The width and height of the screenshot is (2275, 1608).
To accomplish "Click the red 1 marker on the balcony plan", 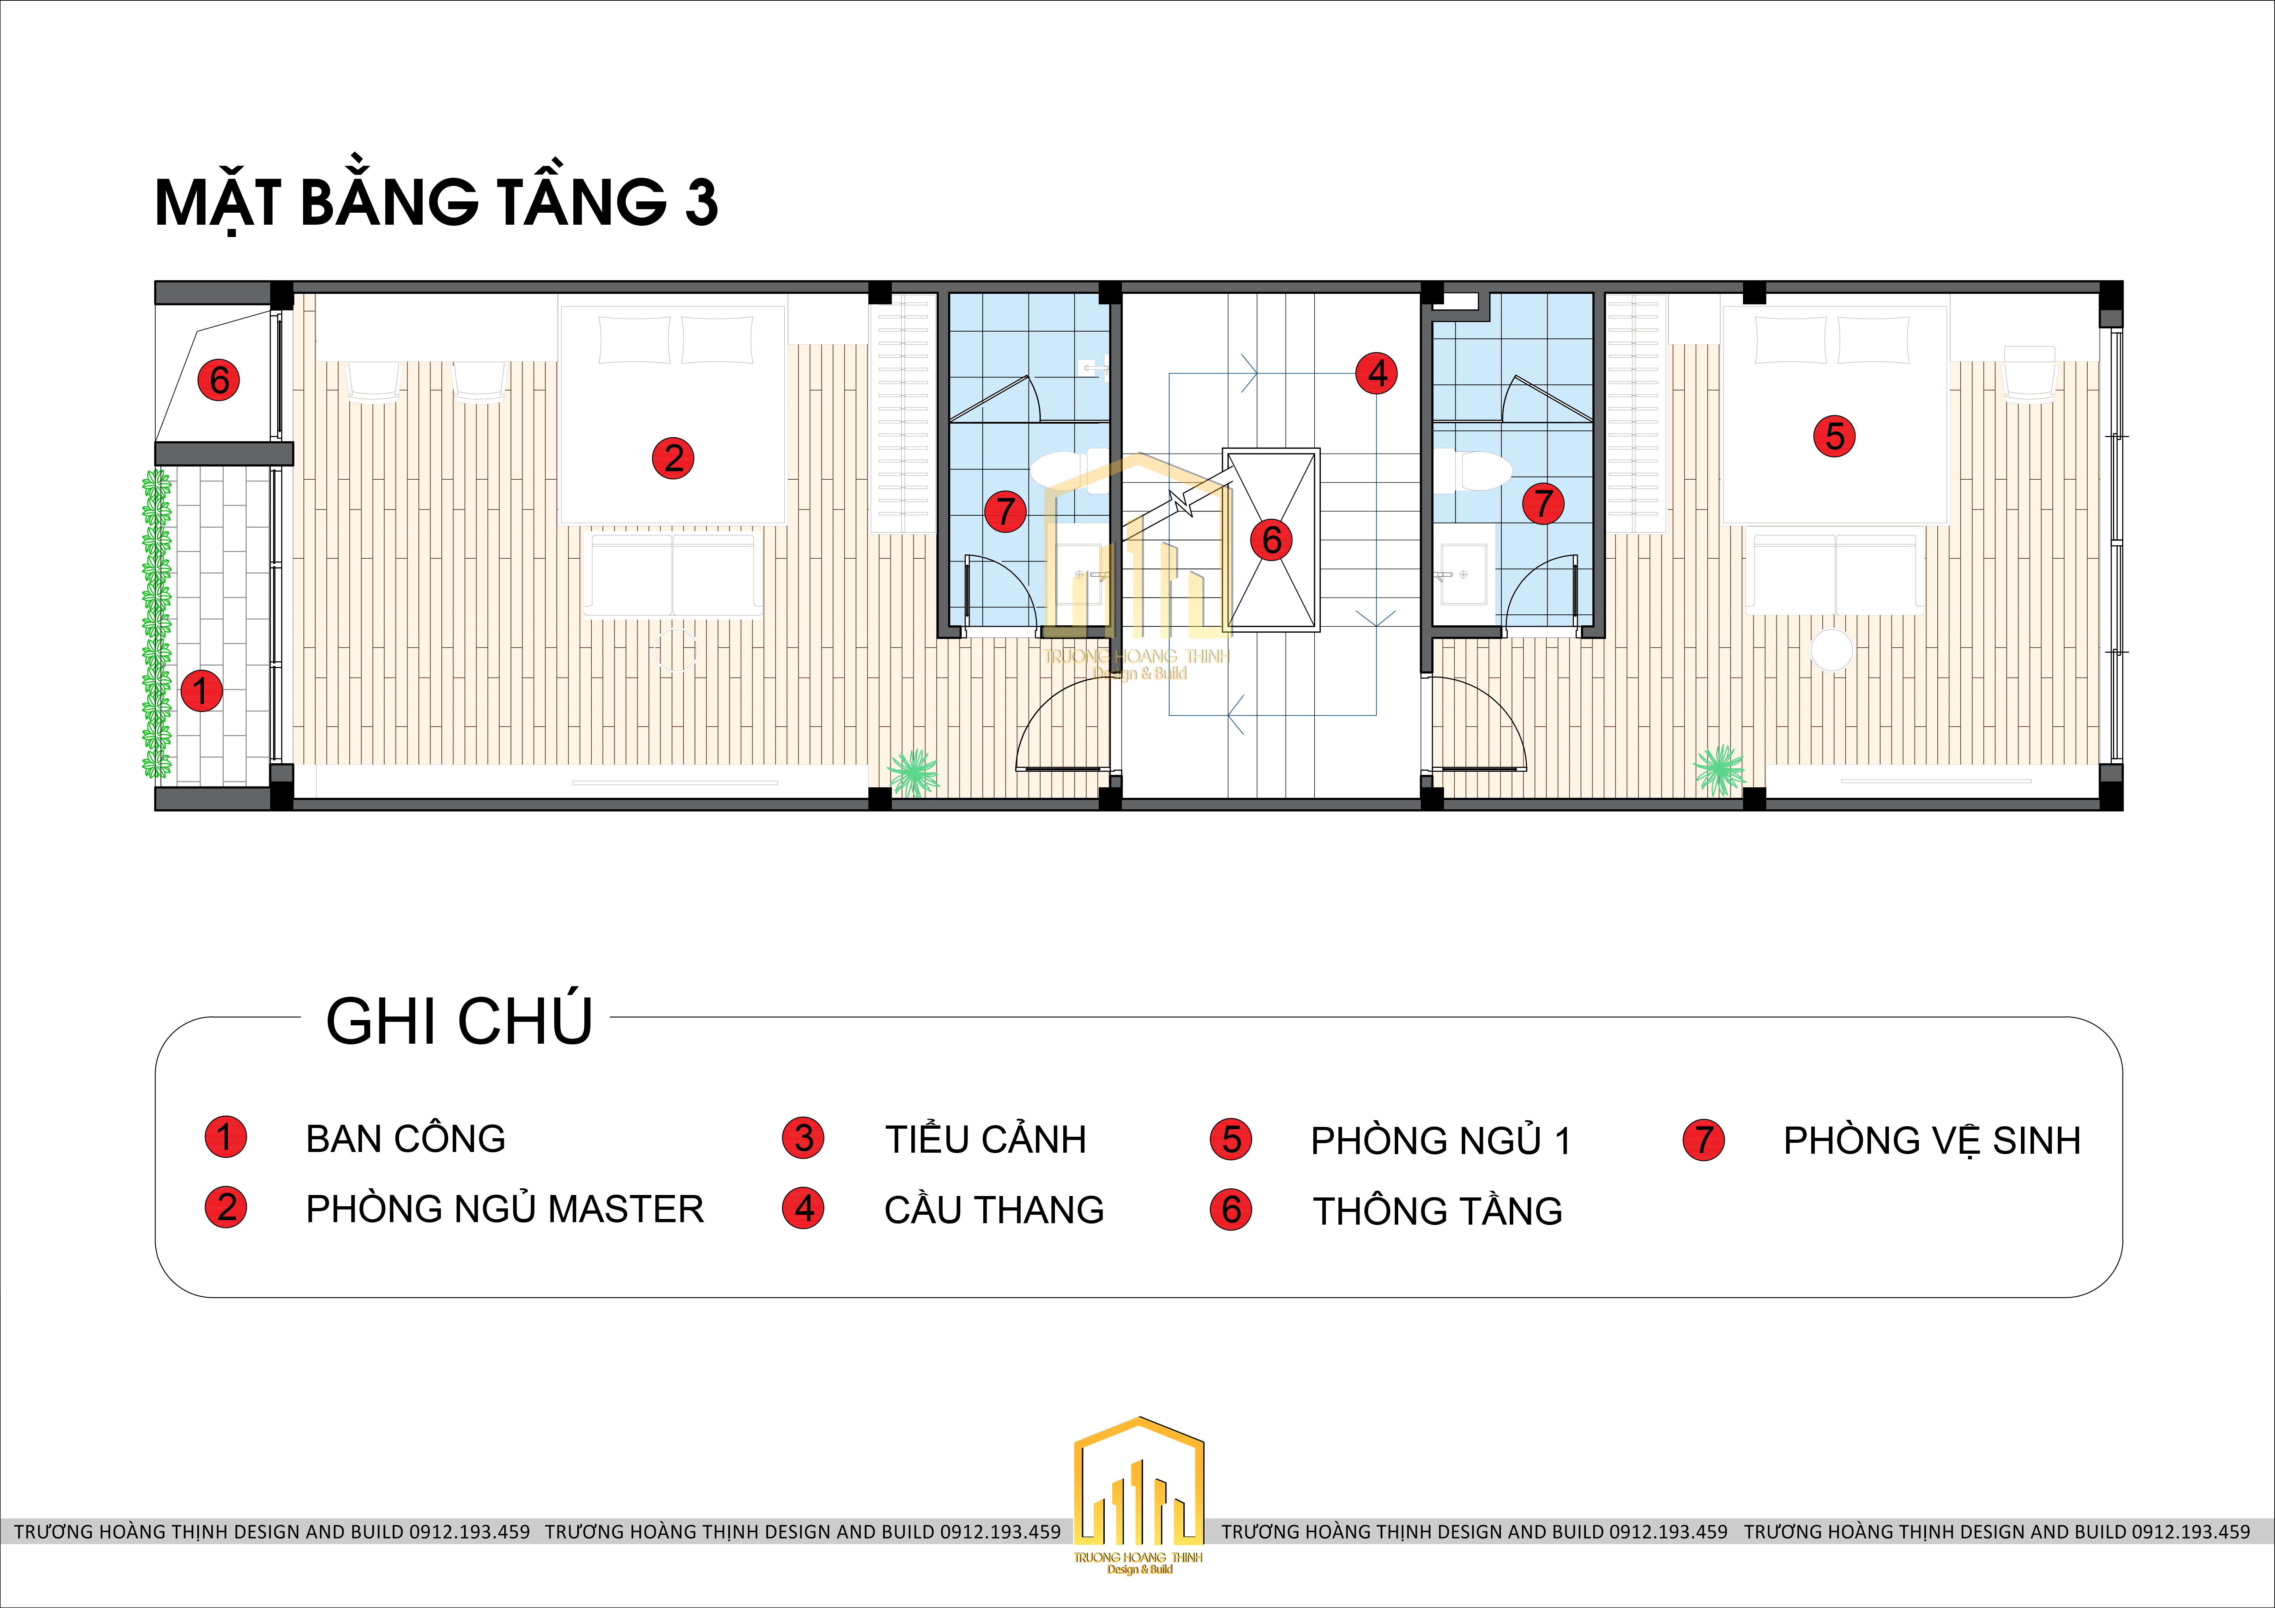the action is [x=201, y=691].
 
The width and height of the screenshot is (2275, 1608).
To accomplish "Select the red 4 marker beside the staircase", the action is [x=1377, y=374].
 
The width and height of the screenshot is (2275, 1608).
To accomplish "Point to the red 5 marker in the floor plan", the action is [x=1834, y=436].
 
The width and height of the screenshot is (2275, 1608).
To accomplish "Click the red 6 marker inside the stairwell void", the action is [x=1271, y=540].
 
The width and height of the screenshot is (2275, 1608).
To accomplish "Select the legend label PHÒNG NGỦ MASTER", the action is [x=504, y=1209].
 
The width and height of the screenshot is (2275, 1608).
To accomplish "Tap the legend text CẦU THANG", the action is [x=994, y=1210].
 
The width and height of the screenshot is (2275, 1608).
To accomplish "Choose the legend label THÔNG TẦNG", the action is [x=1438, y=1211].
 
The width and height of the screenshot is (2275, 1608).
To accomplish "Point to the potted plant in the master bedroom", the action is [x=913, y=773].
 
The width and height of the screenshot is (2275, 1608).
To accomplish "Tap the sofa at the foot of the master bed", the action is [x=673, y=575].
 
